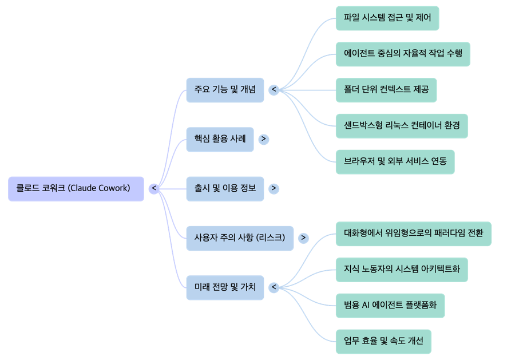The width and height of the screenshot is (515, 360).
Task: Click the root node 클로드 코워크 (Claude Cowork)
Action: [x=76, y=188]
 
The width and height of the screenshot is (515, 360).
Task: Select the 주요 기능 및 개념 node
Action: [x=225, y=90]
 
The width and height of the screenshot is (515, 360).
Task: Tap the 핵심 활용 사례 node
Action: [x=220, y=139]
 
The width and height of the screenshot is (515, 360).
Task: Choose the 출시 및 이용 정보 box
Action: [x=225, y=188]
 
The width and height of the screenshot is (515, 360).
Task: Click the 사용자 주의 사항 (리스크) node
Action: [x=240, y=238]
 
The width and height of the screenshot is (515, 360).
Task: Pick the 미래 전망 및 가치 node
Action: [x=225, y=287]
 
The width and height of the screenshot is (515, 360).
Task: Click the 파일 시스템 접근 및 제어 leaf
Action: [x=387, y=18]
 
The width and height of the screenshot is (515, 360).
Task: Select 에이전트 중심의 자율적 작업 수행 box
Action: [x=403, y=54]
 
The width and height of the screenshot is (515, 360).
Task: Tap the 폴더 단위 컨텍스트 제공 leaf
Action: [x=386, y=90]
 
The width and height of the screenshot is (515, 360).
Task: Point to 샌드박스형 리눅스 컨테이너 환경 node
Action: [x=402, y=126]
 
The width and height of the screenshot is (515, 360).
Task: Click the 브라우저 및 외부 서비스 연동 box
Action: [x=395, y=161]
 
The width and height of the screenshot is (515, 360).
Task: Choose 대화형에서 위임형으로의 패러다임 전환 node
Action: [x=413, y=234]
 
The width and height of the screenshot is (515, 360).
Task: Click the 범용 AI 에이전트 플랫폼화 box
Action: [x=390, y=306]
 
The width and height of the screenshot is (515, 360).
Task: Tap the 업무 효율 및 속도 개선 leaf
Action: [x=383, y=342]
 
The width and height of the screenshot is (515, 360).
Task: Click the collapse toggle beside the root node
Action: [x=154, y=188]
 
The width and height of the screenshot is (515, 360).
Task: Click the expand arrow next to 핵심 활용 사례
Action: [x=264, y=139]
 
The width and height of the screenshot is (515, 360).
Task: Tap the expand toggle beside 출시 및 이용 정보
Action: [x=274, y=188]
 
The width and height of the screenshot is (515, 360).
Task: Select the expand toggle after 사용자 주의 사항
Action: [x=304, y=238]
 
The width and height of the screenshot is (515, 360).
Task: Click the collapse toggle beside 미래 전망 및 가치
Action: [x=274, y=287]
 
